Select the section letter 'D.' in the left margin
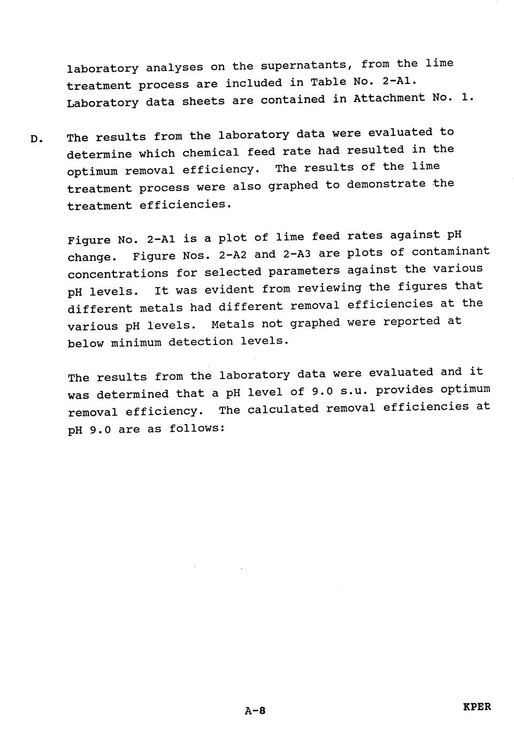click(x=36, y=139)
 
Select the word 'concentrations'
click(x=118, y=274)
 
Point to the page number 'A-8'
click(x=255, y=711)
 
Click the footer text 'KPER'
click(x=477, y=706)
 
